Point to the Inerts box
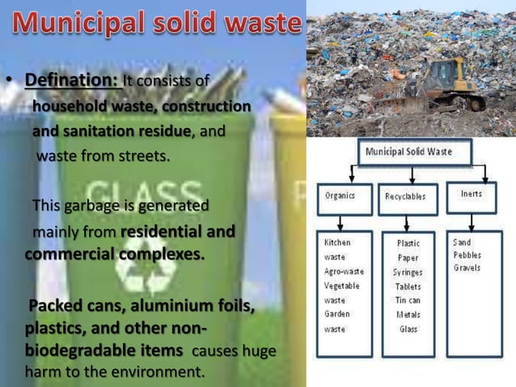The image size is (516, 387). (471, 194)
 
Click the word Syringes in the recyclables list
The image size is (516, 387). (408, 272)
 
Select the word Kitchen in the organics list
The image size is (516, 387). (337, 242)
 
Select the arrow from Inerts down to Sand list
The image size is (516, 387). (471, 221)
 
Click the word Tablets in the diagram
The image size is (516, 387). (408, 287)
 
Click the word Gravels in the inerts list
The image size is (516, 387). (468, 268)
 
